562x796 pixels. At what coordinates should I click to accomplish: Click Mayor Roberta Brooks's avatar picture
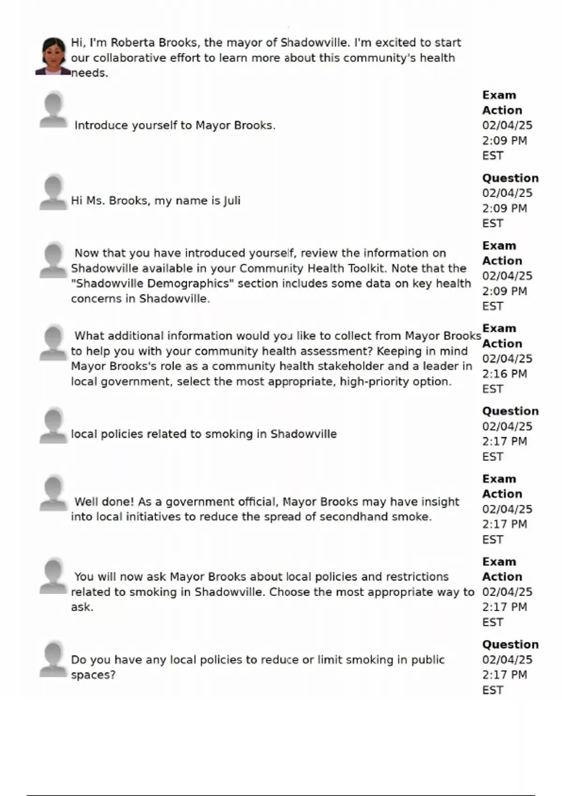[53, 57]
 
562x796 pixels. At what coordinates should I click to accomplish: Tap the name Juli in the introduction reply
[232, 201]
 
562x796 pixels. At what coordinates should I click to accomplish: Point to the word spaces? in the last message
[93, 675]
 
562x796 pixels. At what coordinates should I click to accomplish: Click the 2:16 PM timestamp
[504, 374]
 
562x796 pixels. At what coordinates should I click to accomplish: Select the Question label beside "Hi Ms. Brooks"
[510, 178]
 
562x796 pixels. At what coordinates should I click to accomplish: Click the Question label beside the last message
[510, 645]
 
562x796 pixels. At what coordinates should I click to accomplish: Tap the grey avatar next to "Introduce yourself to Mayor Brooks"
[53, 111]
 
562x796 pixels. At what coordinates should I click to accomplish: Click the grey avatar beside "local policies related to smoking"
[53, 426]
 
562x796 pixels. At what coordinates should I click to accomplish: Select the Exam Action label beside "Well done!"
[502, 486]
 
